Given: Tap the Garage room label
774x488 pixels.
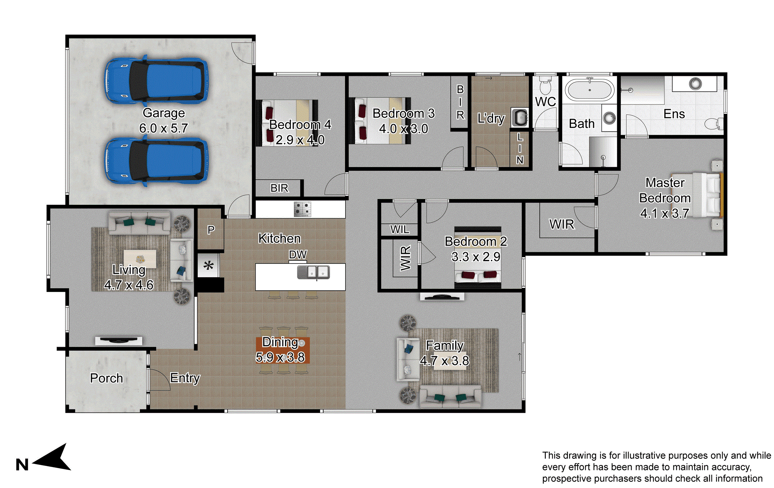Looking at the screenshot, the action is (164, 113).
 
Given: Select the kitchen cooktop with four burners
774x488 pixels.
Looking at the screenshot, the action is (302, 209).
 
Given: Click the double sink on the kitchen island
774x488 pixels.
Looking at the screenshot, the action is (313, 272).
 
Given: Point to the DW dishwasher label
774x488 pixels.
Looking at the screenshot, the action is (297, 255).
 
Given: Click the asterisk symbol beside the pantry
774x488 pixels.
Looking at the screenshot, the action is (209, 266).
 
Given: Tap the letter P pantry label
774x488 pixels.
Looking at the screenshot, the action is (211, 230).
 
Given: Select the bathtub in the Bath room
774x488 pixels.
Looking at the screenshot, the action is (590, 90).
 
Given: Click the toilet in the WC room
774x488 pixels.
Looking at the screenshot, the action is (545, 86).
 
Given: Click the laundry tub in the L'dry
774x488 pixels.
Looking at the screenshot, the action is (520, 117).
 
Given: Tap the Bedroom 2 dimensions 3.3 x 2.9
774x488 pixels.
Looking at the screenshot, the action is (476, 257).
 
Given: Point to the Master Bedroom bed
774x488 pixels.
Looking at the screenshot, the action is (707, 195).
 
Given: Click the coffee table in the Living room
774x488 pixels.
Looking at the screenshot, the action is (140, 258).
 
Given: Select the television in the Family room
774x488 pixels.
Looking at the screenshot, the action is (442, 297).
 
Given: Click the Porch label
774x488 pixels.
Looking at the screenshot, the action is (106, 378).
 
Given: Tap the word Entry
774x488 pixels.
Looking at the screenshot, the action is (185, 378).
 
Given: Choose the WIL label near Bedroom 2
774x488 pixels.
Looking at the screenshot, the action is (400, 229).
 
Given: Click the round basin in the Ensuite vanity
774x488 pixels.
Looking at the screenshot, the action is (695, 83).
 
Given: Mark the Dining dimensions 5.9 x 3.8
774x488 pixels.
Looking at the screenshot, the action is (280, 357).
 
